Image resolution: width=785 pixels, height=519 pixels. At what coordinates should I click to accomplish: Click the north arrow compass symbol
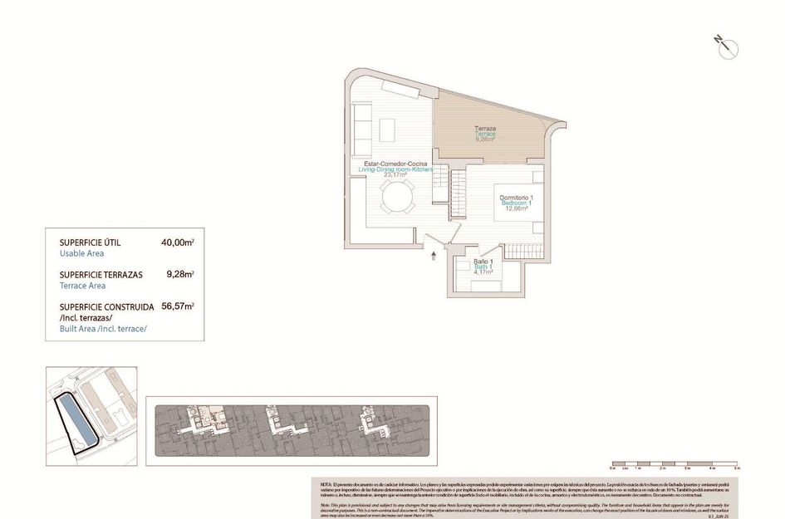725,47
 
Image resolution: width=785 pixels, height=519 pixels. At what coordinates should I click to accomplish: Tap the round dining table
396,198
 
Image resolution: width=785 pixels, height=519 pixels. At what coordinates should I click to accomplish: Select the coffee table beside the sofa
387,130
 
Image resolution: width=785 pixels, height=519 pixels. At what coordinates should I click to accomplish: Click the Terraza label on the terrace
485,129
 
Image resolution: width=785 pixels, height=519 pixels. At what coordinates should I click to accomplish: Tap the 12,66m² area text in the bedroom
517,209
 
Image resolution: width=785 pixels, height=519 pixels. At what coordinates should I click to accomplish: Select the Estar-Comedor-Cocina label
395,164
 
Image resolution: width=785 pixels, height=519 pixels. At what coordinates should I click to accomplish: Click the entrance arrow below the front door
434,257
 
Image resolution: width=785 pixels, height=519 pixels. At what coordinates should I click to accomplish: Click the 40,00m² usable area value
177,242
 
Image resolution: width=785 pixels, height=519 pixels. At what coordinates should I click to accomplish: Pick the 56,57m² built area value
177,306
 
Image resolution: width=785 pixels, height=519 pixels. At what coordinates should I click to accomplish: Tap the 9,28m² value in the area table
179,273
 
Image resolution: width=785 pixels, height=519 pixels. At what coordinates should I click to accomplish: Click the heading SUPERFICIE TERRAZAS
101,274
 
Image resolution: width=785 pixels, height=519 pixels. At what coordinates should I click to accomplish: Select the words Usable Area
81,253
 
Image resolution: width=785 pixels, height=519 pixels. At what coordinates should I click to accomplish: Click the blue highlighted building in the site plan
76,422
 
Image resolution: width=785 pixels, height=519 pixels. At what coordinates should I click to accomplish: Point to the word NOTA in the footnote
326,483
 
